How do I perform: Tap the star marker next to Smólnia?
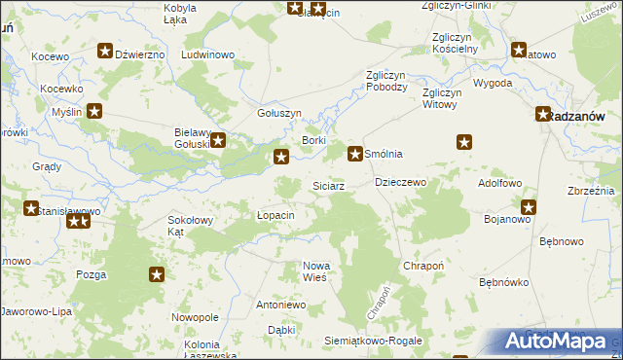pos(356,154)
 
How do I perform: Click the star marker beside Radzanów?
pos(543,115)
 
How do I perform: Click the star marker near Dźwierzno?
pos(105,53)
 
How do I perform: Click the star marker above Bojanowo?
pos(529,206)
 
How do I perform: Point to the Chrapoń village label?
pos(424,266)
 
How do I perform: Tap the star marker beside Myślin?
pos(94,111)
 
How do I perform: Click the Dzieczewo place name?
pos(401,182)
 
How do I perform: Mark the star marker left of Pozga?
pos(157,275)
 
